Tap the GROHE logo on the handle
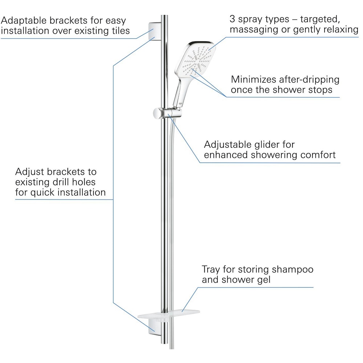point(179,105)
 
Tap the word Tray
point(211,270)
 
